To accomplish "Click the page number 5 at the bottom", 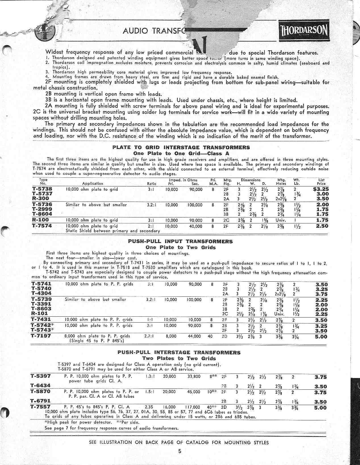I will point(180,451).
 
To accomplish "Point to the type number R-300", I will point(40,198).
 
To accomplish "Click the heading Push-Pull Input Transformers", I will point(180,241).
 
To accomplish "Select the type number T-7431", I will point(42,319).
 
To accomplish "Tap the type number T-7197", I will point(42,336).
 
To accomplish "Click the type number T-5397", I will point(40,376).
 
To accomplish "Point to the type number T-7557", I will point(40,407).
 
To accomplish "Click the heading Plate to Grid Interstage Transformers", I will point(181,147).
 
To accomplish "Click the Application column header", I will point(93,184).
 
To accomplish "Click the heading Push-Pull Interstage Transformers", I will point(179,352).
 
